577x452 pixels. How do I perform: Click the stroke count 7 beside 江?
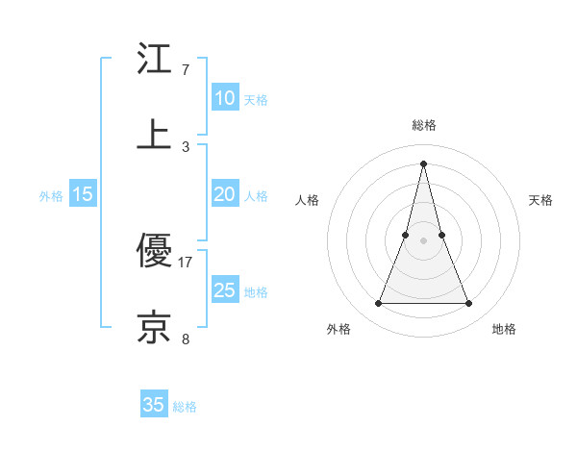(186, 70)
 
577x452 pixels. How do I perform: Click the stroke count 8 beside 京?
(186, 339)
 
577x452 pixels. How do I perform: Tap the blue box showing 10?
(224, 98)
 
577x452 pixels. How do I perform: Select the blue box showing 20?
(224, 194)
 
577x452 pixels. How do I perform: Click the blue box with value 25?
(224, 290)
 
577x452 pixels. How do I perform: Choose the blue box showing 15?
(83, 194)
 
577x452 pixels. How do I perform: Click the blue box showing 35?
(154, 405)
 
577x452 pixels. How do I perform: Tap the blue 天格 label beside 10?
(256, 100)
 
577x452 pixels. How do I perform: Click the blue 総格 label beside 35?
(185, 407)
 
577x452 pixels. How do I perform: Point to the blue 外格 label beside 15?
(51, 196)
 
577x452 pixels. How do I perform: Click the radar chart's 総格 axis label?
(424, 125)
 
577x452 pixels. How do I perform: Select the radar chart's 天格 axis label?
(541, 200)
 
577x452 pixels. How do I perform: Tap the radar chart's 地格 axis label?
(504, 329)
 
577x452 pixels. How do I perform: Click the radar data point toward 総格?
(424, 163)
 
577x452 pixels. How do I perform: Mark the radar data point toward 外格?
(379, 304)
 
